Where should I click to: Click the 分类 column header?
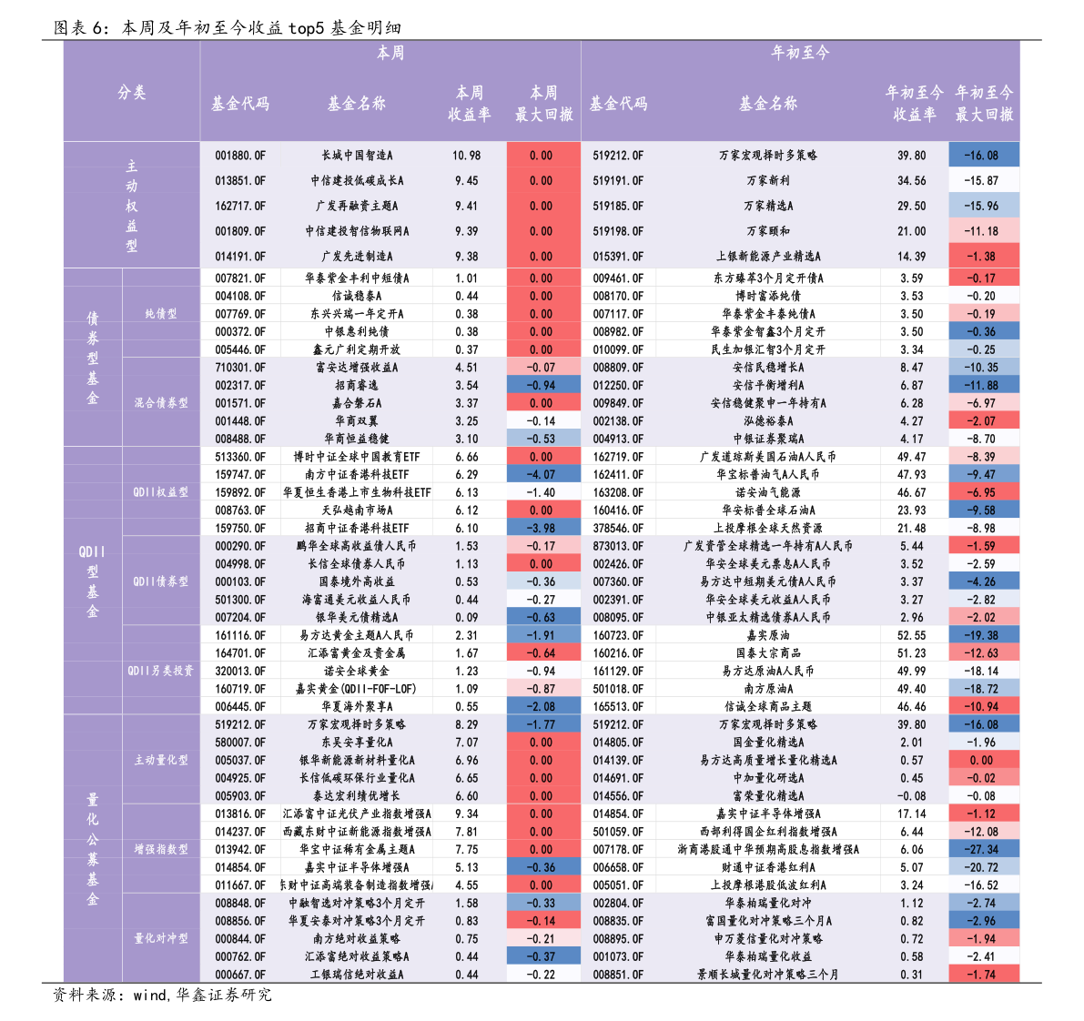(x=131, y=92)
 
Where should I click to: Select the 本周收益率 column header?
(x=469, y=104)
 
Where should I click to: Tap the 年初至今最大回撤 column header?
(x=983, y=104)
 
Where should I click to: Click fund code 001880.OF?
(x=240, y=156)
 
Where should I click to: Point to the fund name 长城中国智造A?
(x=357, y=156)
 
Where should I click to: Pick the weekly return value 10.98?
(x=467, y=156)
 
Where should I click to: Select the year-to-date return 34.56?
(x=912, y=181)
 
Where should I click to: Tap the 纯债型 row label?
(x=161, y=313)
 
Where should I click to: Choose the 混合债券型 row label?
(x=161, y=402)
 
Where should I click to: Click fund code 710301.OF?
(x=240, y=368)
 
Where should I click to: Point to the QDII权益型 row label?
(x=161, y=491)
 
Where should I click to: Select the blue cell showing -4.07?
(x=542, y=474)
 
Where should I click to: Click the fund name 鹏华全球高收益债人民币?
(x=357, y=546)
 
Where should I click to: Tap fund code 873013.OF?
(x=618, y=546)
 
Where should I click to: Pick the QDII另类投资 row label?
(x=161, y=671)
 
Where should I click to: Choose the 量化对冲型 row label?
(x=161, y=938)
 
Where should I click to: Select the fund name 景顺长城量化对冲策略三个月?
(x=768, y=975)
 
